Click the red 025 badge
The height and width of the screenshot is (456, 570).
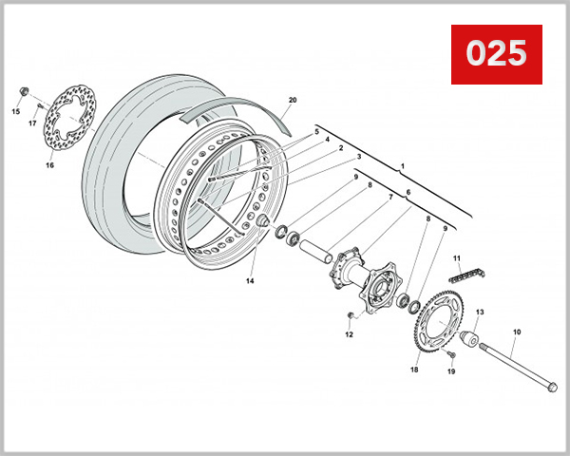[x=495, y=55]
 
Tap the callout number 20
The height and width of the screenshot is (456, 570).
[x=293, y=100]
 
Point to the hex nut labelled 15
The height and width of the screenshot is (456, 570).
[x=22, y=92]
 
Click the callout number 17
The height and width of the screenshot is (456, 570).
[x=31, y=123]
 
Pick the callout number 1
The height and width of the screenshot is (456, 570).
[x=402, y=166]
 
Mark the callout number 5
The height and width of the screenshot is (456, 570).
[x=317, y=131]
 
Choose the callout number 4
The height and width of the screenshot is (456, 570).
[x=327, y=140]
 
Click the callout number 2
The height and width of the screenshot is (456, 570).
[x=340, y=148]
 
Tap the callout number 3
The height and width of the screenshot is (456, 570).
[x=359, y=157]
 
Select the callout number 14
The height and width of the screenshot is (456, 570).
[x=251, y=281]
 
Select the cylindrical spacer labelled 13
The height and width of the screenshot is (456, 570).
[x=468, y=338]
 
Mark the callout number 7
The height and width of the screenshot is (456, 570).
[x=389, y=199]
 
